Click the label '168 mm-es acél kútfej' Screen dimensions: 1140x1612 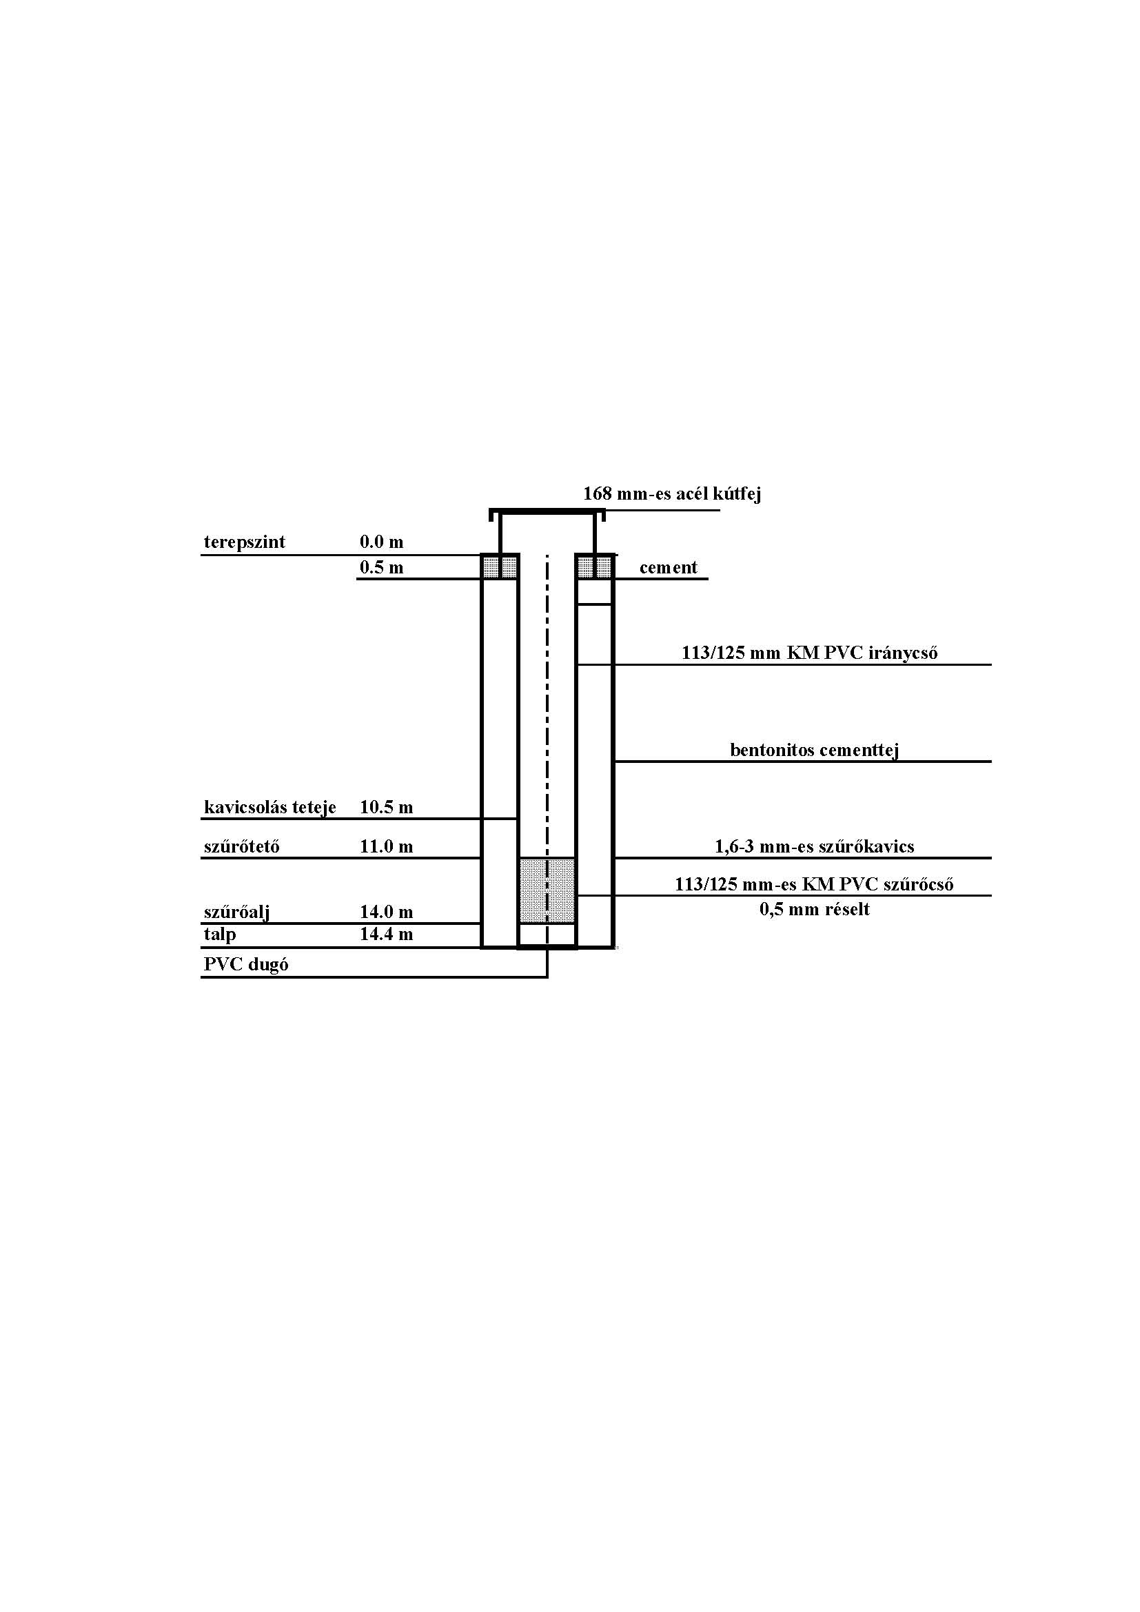pos(672,494)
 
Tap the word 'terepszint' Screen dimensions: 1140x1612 pos(244,542)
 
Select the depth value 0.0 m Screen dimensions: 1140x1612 pos(382,542)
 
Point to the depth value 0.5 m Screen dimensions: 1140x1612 pos(382,567)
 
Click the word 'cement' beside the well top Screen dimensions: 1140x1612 pos(669,567)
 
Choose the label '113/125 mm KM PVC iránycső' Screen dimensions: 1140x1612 pos(809,653)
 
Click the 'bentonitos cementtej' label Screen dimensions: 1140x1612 pos(814,751)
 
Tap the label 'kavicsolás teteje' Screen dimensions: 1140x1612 pos(270,808)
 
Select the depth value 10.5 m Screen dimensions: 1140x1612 pos(386,808)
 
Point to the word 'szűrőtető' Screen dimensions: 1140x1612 pos(241,847)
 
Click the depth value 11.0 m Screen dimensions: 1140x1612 pos(386,847)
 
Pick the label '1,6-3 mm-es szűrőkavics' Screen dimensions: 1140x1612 pos(814,847)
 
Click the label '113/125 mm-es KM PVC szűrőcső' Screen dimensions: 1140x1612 pos(814,885)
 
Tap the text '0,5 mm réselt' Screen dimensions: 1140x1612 pos(814,910)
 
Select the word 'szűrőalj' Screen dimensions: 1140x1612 pos(237,912)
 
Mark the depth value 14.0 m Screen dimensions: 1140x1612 pos(386,912)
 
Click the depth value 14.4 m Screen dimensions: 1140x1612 pos(386,935)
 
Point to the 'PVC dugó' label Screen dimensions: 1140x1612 pos(245,965)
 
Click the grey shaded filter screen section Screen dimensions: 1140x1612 pos(547,890)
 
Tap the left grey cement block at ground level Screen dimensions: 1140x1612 pos(500,567)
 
